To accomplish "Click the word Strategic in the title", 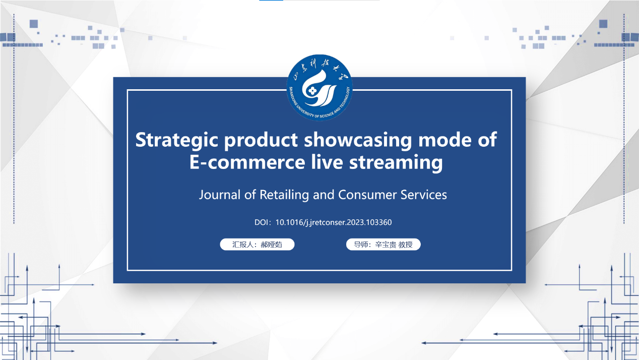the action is (x=176, y=140).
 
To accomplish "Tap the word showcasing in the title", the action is (x=358, y=140).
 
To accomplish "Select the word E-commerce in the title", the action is (x=247, y=162).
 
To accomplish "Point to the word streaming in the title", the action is (x=396, y=163).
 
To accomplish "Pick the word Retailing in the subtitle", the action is (x=284, y=195).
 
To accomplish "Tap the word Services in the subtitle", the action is (x=424, y=195).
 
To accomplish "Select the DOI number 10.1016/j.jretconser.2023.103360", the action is (x=334, y=222).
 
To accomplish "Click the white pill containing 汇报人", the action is (x=257, y=245).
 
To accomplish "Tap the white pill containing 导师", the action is (x=383, y=245).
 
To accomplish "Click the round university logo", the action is (x=319, y=88).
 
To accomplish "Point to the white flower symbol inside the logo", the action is (x=313, y=91).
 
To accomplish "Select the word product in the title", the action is (x=261, y=141).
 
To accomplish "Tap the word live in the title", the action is (x=327, y=162).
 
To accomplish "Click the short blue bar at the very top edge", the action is (x=271, y=1).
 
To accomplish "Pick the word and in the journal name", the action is (x=324, y=195).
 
